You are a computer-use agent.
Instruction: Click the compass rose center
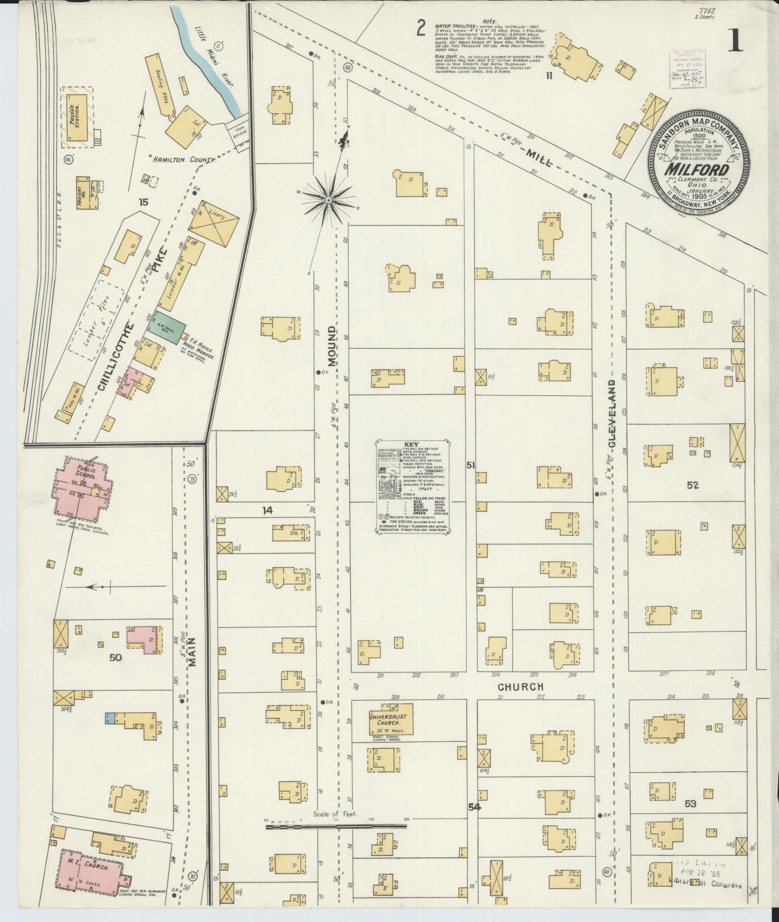328,200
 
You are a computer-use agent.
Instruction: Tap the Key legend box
413,487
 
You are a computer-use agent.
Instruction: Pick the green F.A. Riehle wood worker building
170,327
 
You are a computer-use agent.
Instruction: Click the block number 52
693,485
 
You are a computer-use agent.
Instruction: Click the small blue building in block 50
109,718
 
